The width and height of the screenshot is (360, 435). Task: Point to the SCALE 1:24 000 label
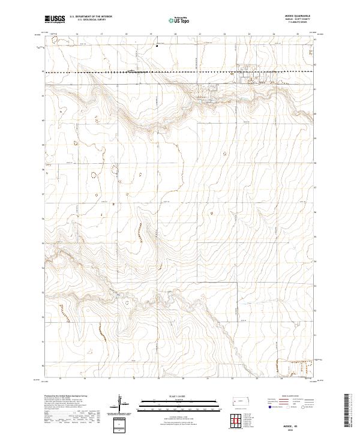(175, 395)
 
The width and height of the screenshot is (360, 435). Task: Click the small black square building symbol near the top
(157, 45)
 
